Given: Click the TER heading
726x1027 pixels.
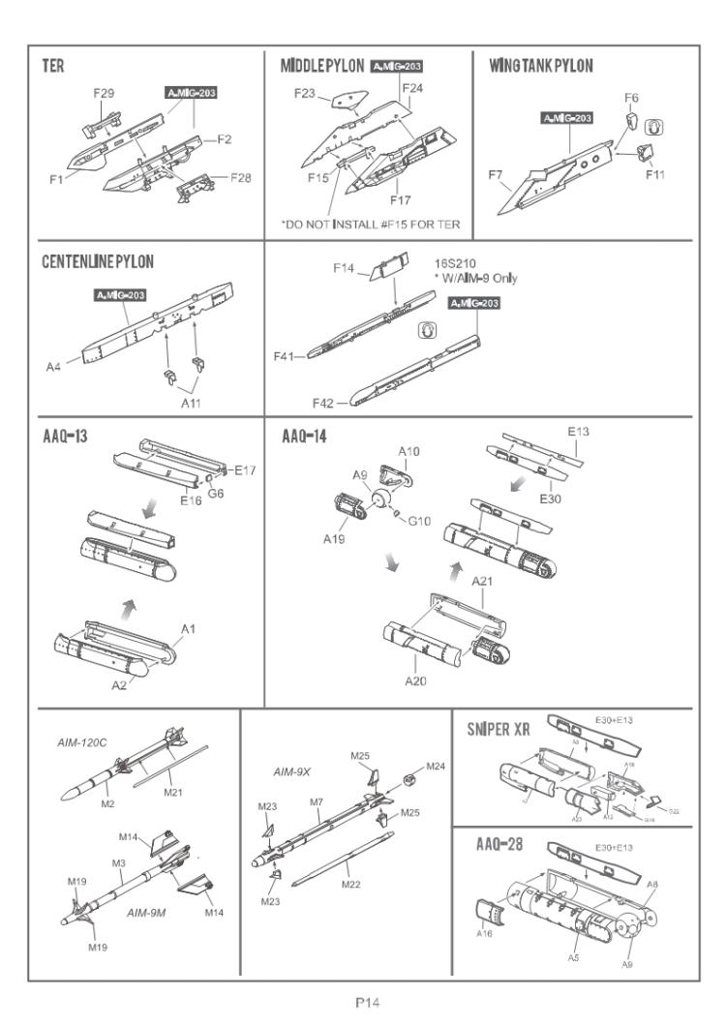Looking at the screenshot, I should [53, 67].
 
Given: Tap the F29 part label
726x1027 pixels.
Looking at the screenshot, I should [105, 93].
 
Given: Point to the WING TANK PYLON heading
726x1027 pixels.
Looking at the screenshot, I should [542, 67].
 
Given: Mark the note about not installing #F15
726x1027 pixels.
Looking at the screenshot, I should [371, 226].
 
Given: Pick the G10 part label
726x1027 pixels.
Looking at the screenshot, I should [418, 521].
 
